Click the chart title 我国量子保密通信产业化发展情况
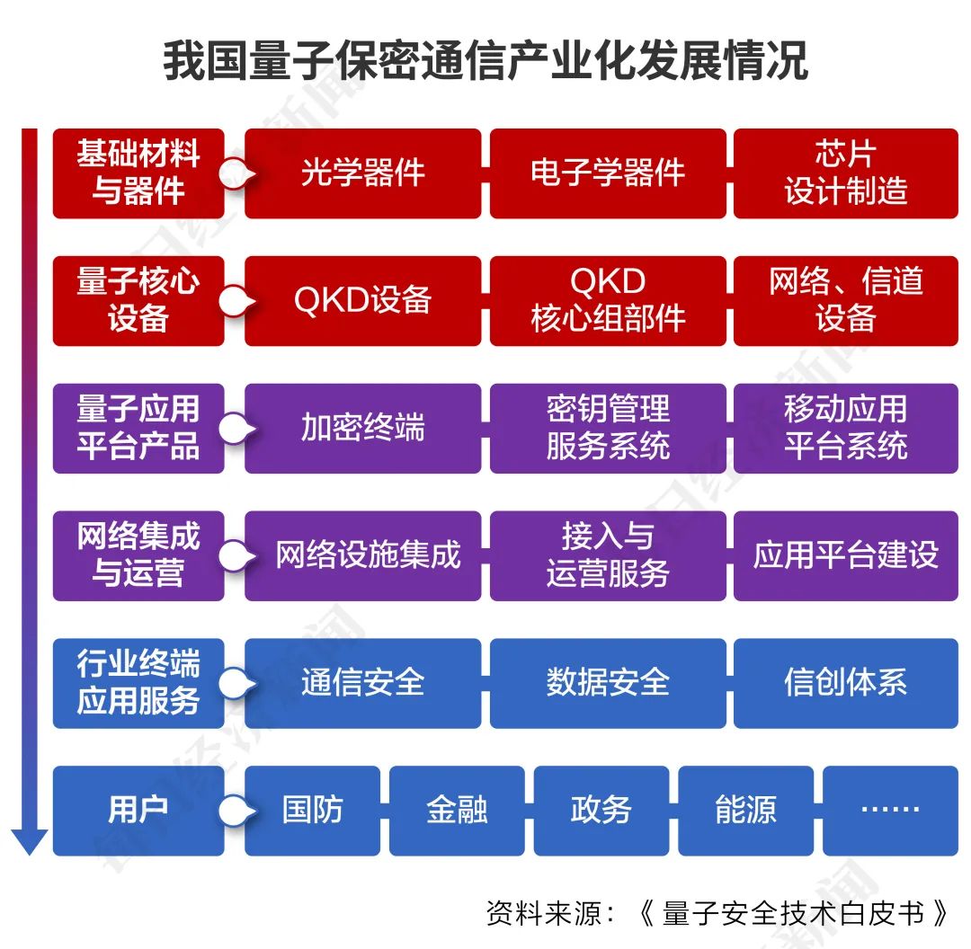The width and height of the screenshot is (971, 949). coord(485,61)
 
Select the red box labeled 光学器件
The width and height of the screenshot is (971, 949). coord(362,173)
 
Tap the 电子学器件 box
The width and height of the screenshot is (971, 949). coord(608,173)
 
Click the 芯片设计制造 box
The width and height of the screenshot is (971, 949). coord(846,173)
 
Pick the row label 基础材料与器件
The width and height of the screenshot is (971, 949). coord(138,173)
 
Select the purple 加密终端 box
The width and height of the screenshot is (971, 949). coord(362,429)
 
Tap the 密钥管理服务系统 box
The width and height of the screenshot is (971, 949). coord(608,429)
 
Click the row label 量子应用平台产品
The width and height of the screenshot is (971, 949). coord(138,429)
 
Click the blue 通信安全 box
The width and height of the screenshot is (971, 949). coord(362,683)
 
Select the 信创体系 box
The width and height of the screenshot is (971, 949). coord(846,683)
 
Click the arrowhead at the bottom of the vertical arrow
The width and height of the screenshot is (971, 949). coord(29,842)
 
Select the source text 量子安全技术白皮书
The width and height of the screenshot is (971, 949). coord(792,913)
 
